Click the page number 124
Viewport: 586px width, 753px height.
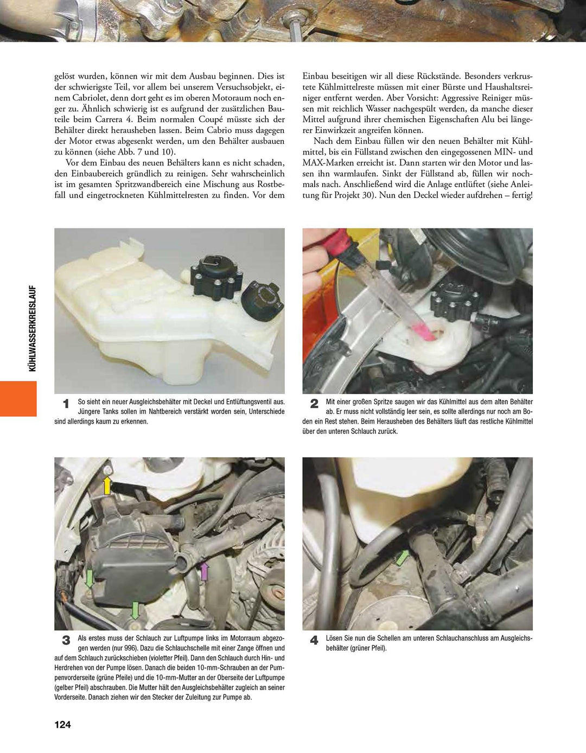tap(62, 725)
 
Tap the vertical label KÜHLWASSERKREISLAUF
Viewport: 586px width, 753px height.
tap(32, 328)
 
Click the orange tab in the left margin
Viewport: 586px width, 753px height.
tap(18, 398)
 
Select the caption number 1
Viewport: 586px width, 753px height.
tap(66, 404)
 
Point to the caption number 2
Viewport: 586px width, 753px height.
tap(314, 404)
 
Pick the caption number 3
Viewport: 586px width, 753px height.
tap(66, 640)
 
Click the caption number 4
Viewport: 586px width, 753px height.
tap(314, 640)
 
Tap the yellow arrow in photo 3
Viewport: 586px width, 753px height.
tap(107, 484)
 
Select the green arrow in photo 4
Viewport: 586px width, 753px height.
tap(402, 557)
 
